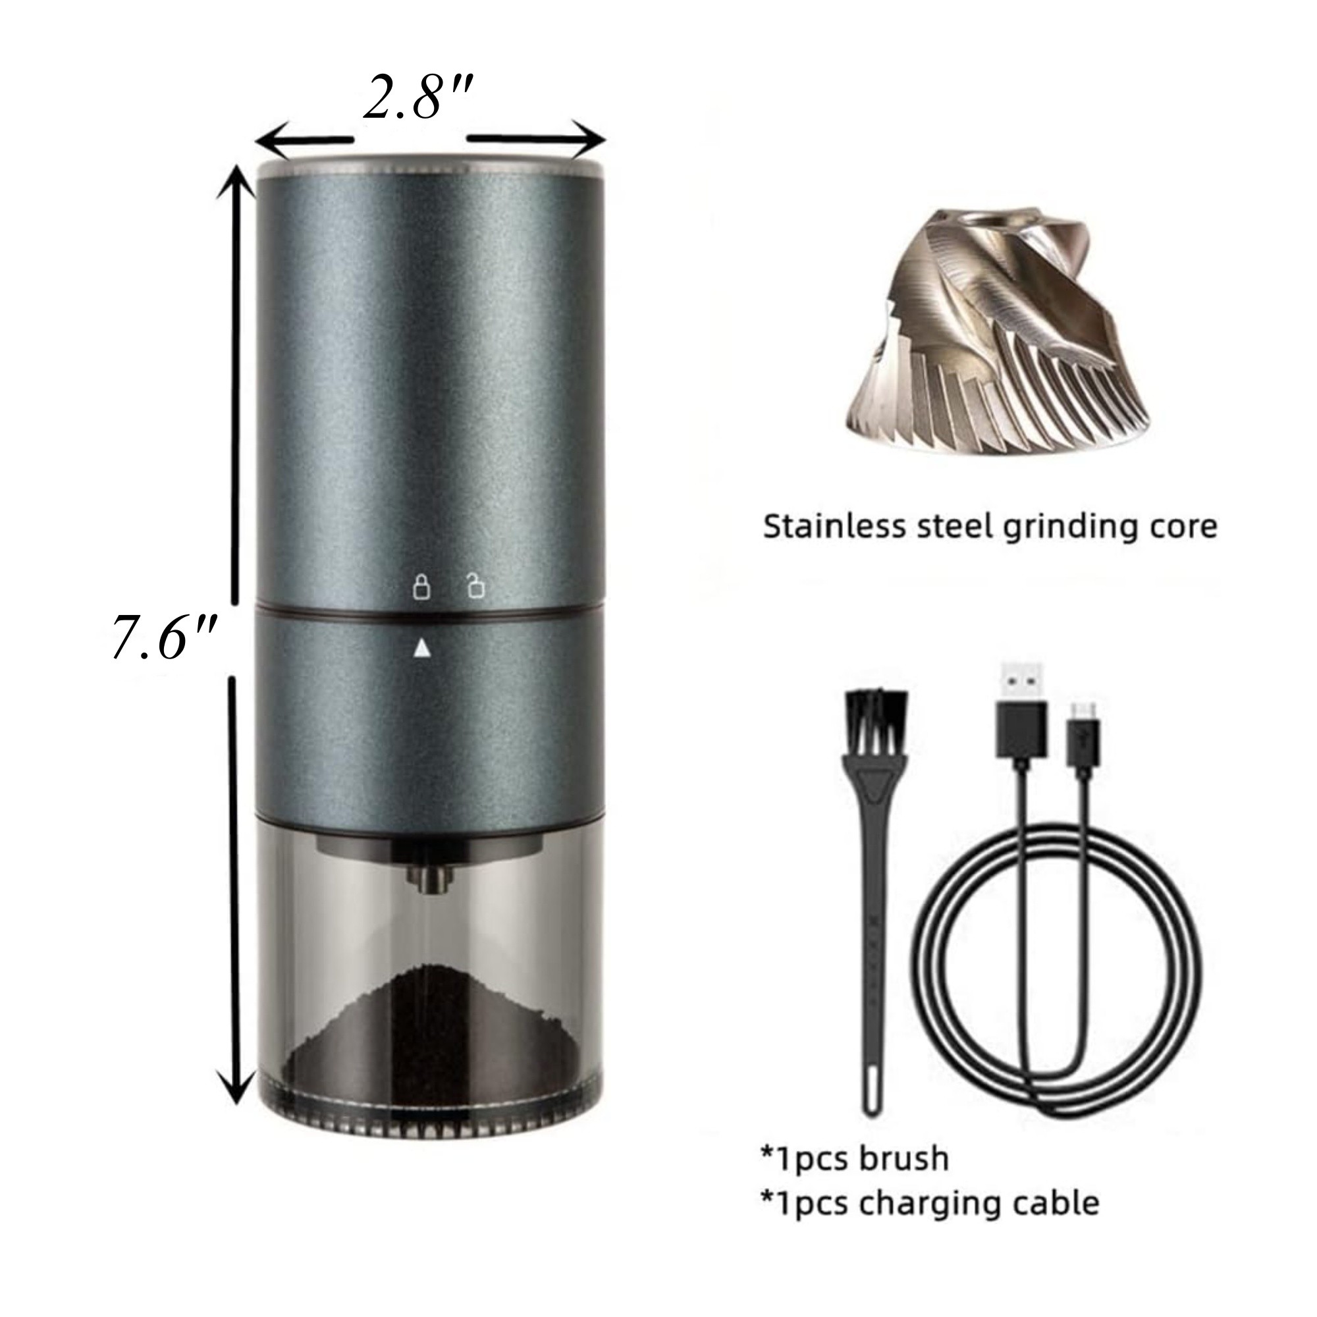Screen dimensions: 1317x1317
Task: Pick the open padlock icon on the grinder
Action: click(475, 586)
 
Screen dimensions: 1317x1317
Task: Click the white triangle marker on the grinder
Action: click(422, 647)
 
